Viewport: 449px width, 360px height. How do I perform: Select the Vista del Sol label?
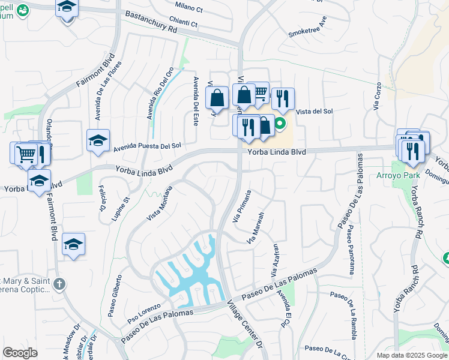315,112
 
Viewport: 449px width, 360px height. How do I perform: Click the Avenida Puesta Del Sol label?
147,146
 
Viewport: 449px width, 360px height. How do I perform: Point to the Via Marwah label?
256,228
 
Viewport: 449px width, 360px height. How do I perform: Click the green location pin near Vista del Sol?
280,125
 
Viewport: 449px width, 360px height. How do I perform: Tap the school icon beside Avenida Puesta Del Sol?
98,140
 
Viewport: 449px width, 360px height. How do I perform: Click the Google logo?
20,353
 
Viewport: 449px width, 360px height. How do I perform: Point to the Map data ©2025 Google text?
411,355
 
